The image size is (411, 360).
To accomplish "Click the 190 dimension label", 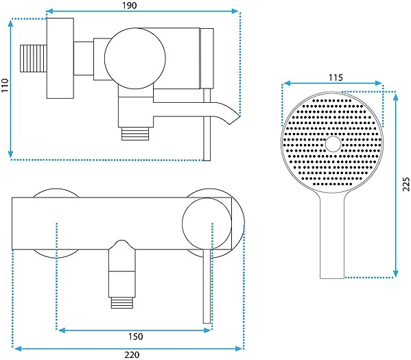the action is click(130, 5).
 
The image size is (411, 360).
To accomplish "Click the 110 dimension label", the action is click(5, 85).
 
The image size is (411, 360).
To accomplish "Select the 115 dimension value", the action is click(336, 77).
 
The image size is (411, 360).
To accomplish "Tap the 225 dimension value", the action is click(406, 184).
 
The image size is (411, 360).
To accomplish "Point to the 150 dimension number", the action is click(136, 337).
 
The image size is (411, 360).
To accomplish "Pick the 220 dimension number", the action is click(132, 355).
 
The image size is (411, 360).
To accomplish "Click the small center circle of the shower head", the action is click(333, 144).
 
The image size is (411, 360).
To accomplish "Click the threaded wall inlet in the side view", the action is click(34, 58).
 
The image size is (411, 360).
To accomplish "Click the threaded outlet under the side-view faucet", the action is click(135, 133).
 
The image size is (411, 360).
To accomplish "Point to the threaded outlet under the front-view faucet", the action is click(122, 302).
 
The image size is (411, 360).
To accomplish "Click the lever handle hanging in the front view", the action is click(207, 286).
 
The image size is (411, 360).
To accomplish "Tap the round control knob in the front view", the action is click(207, 223).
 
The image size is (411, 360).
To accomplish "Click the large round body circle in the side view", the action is click(135, 58).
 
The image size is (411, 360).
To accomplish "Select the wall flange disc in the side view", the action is click(60, 58).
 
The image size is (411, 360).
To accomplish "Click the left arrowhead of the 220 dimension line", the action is click(17, 348).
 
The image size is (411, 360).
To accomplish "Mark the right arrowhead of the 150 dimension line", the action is click(208, 330).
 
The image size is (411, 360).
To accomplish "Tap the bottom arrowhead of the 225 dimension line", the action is click(396, 274).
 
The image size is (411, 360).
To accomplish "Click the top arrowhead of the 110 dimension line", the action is click(10, 24).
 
